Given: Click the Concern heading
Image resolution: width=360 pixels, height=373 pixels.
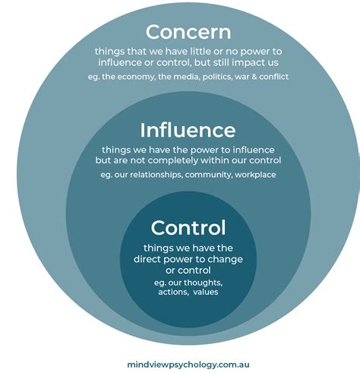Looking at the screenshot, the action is (188, 32).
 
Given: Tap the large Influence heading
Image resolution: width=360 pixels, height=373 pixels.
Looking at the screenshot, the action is (188, 130).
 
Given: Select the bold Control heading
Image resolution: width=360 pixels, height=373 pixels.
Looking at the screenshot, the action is (188, 228).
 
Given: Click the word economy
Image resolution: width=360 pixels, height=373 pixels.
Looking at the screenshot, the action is (136, 77).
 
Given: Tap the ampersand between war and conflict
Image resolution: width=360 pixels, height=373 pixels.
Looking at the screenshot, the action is (254, 77).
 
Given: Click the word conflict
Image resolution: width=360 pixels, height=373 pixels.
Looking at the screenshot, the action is (273, 77).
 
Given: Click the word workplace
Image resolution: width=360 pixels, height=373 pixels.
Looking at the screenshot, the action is (255, 175).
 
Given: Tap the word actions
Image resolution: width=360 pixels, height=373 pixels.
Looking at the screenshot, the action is (173, 292).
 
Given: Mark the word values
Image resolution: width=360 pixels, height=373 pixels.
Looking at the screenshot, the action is (206, 292).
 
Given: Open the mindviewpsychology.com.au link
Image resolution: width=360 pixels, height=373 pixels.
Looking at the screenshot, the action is (188, 365).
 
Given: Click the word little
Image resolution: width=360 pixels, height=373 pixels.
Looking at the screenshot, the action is (201, 52).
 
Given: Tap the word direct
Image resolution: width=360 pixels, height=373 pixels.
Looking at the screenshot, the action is (147, 259).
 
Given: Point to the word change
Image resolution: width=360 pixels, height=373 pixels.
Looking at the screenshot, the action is (226, 260).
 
